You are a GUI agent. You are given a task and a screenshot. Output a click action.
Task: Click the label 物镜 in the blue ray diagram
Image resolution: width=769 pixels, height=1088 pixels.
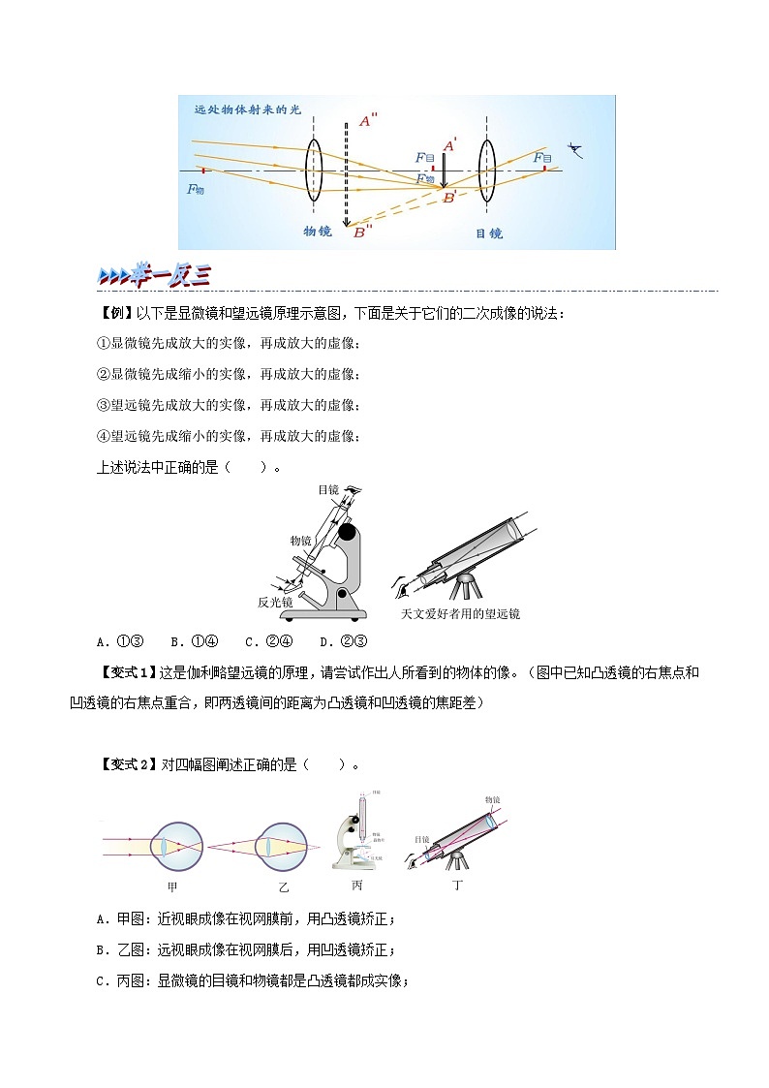click(318, 232)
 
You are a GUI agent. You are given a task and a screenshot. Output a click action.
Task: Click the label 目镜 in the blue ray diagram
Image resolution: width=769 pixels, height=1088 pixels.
click(488, 233)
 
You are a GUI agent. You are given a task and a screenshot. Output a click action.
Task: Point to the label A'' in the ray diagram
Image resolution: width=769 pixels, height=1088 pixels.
click(368, 121)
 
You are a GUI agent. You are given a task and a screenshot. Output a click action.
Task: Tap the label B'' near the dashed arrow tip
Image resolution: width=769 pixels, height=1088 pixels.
click(363, 232)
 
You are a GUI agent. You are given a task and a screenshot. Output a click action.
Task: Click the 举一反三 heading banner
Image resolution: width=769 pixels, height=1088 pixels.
click(155, 275)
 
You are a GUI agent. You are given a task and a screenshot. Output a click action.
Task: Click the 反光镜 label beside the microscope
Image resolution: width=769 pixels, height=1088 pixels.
click(276, 602)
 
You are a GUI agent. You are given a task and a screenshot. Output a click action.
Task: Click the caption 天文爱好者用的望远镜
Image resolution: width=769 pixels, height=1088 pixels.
click(460, 614)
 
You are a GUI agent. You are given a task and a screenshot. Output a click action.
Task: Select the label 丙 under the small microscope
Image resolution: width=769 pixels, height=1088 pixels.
click(357, 885)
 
